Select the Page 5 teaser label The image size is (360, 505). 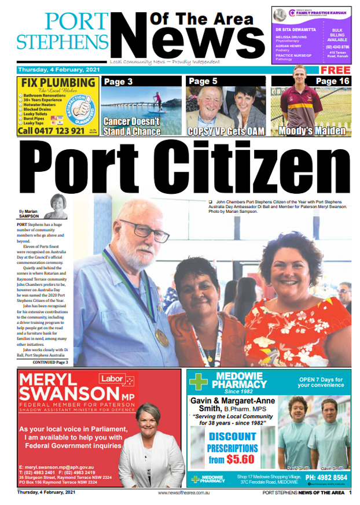[x=203, y=82]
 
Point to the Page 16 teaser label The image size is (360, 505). [x=332, y=82]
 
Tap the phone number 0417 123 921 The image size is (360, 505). [x=52, y=131]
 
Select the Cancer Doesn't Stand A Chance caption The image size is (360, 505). [x=132, y=126]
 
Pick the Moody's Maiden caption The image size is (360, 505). [x=311, y=131]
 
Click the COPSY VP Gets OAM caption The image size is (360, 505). [x=226, y=131]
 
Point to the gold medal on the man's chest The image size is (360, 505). [x=162, y=337]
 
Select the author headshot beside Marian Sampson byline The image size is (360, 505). [x=58, y=205]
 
